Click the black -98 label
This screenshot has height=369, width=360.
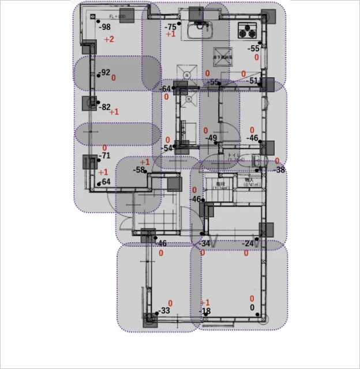click(x=104, y=27)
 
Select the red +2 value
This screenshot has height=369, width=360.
click(x=109, y=39)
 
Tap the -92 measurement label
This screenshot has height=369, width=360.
click(x=104, y=73)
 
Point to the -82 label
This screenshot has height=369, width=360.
click(x=104, y=107)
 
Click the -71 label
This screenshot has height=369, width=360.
click(x=104, y=156)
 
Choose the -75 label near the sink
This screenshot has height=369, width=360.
click(x=170, y=27)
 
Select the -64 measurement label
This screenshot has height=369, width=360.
click(x=166, y=89)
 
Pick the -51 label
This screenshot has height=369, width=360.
click(x=253, y=81)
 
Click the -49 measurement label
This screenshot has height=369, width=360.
click(x=212, y=138)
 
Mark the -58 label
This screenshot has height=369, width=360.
click(x=139, y=170)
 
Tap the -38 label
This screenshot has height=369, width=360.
click(x=280, y=170)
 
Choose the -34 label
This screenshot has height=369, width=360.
click(x=205, y=243)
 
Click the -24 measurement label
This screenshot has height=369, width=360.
click(x=248, y=244)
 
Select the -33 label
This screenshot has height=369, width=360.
click(x=164, y=311)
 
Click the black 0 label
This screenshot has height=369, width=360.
click(x=252, y=308)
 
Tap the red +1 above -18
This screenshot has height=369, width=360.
click(x=205, y=303)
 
